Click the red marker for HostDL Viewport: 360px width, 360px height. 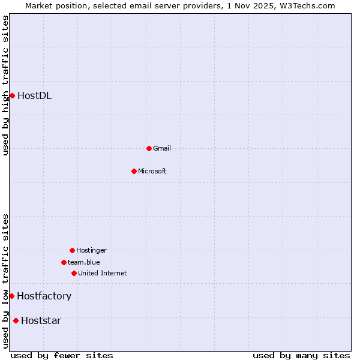pyautogui.click(x=12, y=95)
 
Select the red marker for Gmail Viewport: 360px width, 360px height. pyautogui.click(x=149, y=148)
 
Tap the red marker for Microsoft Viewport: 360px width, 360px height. pyautogui.click(x=134, y=171)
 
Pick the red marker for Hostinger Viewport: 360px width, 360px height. pyautogui.click(x=72, y=250)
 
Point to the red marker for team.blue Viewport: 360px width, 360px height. pyautogui.click(x=64, y=262)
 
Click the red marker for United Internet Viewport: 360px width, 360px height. pyautogui.click(x=74, y=273)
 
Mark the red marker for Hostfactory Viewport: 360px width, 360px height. pyautogui.click(x=11, y=296)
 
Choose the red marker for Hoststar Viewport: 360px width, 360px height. pyautogui.click(x=16, y=320)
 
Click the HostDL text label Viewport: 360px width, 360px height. pyautogui.click(x=34, y=95)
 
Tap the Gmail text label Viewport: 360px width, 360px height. pyautogui.click(x=162, y=148)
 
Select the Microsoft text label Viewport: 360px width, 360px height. pyautogui.click(x=152, y=171)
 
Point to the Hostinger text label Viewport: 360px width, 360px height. pyautogui.click(x=91, y=250)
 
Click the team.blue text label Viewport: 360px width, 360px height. pyautogui.click(x=84, y=262)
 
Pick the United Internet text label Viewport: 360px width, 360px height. pyautogui.click(x=102, y=273)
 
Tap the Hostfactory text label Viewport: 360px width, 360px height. pyautogui.click(x=44, y=296)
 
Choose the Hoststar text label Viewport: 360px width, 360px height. pyautogui.click(x=41, y=320)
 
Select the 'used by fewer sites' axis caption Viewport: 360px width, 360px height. pyautogui.click(x=62, y=355)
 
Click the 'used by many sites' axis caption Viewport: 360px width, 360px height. pyautogui.click(x=301, y=355)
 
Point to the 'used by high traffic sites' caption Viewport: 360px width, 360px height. pyautogui.click(x=5, y=85)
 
